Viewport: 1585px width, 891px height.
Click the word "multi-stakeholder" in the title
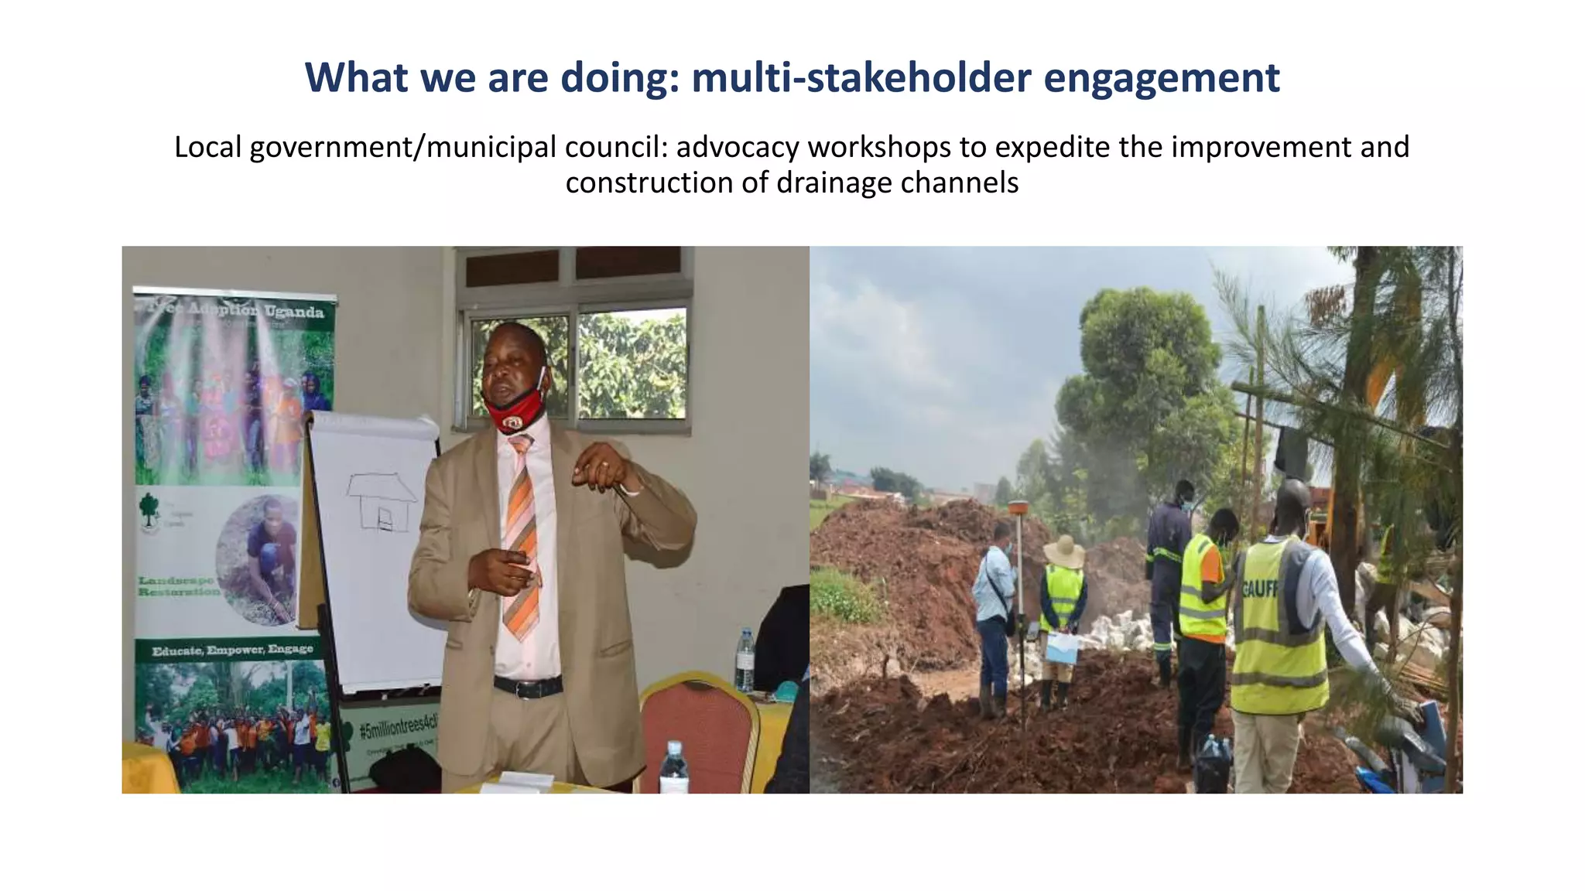(861, 77)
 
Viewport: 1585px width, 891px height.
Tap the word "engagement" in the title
(1161, 79)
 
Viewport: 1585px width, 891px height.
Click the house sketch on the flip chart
(381, 501)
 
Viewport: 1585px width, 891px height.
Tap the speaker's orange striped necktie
(521, 541)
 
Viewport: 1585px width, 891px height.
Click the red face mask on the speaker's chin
(515, 411)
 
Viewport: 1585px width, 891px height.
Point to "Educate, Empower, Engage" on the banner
(232, 650)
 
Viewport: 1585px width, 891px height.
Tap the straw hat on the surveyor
(1064, 551)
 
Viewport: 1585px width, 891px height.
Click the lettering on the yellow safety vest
(1259, 589)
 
